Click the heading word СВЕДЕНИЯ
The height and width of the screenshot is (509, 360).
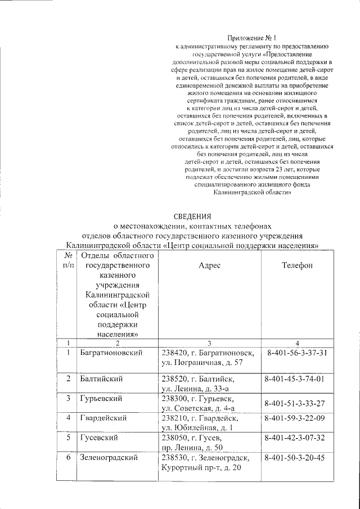pos(191,216)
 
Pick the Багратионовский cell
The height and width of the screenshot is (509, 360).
pos(110,353)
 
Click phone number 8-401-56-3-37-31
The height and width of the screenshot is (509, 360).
pos(295,353)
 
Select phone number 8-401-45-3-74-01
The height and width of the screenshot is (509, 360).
pos(295,379)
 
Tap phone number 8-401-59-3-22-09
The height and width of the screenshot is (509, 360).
pos(295,418)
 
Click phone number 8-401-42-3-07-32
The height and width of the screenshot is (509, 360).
pos(295,438)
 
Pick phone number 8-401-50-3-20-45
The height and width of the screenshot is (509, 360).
pos(295,458)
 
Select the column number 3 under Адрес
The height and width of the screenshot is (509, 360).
pos(208,343)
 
